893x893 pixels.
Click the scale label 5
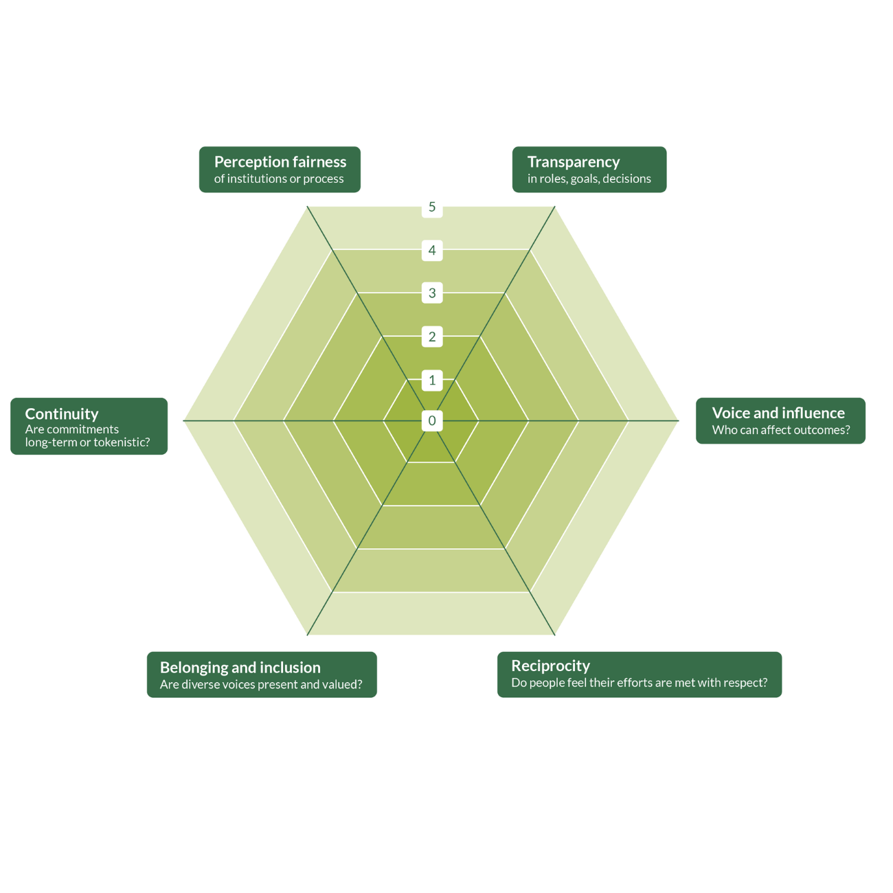(x=432, y=207)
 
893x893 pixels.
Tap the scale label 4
(x=432, y=250)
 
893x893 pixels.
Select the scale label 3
(x=432, y=293)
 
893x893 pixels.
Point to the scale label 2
(x=432, y=337)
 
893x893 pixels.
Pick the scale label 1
(x=432, y=380)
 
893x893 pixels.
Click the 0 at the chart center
(x=432, y=420)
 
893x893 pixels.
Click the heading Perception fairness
(x=280, y=162)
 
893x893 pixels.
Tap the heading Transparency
(x=574, y=162)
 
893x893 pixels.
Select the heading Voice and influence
(x=778, y=413)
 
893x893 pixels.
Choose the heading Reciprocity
(x=550, y=666)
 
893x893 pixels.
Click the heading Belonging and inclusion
(x=240, y=668)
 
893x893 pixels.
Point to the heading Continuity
(x=62, y=414)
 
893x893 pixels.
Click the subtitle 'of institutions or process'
(x=279, y=179)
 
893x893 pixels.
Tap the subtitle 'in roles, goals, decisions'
(x=589, y=179)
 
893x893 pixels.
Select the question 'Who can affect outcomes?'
(x=781, y=431)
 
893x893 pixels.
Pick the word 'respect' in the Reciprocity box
(x=744, y=683)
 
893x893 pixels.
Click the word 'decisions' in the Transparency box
(x=626, y=179)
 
